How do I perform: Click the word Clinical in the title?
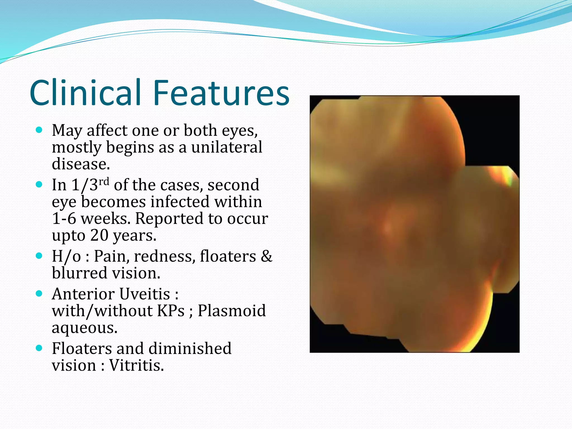(85, 93)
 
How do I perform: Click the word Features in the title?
(221, 93)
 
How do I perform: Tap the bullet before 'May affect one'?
(39, 130)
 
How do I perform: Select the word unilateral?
(227, 147)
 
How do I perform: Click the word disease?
(81, 164)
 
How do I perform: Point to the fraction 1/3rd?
(90, 185)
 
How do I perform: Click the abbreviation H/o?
(66, 256)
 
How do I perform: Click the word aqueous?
(84, 328)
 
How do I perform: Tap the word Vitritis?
(136, 365)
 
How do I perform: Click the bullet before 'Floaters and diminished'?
(39, 348)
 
